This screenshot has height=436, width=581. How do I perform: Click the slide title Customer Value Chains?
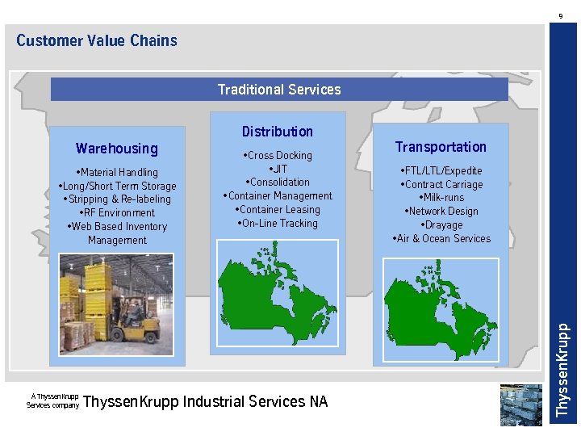pyautogui.click(x=96, y=40)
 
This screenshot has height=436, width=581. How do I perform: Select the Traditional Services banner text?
pyautogui.click(x=279, y=90)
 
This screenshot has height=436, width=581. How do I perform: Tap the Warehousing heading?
pyautogui.click(x=117, y=149)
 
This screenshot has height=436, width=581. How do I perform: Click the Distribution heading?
pyautogui.click(x=277, y=132)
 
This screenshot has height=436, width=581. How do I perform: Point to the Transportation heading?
pyautogui.click(x=441, y=147)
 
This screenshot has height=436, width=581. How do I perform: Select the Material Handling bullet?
pyautogui.click(x=117, y=172)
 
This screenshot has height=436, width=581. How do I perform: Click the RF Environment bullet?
pyautogui.click(x=117, y=213)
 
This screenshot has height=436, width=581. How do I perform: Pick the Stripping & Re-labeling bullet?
pyautogui.click(x=117, y=199)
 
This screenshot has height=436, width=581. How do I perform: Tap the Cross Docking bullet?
pyautogui.click(x=277, y=155)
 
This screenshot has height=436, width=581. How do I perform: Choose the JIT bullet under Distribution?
pyautogui.click(x=278, y=169)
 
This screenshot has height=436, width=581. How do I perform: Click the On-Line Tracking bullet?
pyautogui.click(x=278, y=224)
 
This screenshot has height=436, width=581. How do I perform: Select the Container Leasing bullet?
pyautogui.click(x=278, y=210)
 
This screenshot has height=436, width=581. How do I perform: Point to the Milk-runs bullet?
pyautogui.click(x=441, y=198)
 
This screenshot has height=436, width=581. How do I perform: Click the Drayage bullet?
pyautogui.click(x=441, y=225)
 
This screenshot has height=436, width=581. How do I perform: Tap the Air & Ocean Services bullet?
pyautogui.click(x=441, y=239)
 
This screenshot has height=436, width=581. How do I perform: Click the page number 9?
pyautogui.click(x=561, y=15)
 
